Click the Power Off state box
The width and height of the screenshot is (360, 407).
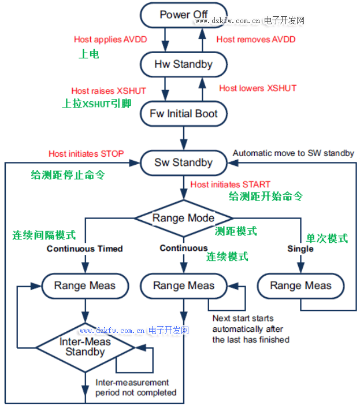pos(184,14)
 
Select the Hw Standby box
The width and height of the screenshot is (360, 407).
pos(184,64)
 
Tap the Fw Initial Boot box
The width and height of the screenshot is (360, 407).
pos(184,113)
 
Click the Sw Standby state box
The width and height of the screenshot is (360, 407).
pos(184,162)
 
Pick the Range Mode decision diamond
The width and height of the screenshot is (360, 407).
pos(184,218)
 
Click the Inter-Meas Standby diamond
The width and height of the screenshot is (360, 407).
pos(85,346)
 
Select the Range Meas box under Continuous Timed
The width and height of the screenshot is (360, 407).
pos(85,286)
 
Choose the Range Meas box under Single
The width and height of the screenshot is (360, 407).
pos(300,286)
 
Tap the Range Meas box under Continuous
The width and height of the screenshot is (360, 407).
pos(184,286)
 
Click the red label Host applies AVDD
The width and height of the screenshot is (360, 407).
pos(110,40)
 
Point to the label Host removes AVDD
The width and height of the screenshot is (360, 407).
pos(256,40)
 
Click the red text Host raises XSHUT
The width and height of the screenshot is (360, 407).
pos(109,91)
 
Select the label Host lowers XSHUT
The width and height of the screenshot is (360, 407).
pos(258,88)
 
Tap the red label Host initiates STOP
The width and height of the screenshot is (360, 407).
pos(86,154)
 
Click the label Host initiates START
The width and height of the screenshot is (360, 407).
pos(230,184)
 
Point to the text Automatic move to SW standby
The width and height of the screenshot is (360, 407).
pos(293,153)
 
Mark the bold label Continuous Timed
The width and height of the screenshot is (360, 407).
pos(84,249)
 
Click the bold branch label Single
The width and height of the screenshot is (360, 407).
pos(300,249)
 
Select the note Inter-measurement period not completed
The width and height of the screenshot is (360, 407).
pos(136,387)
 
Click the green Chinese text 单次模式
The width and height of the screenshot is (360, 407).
pos(326,238)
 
